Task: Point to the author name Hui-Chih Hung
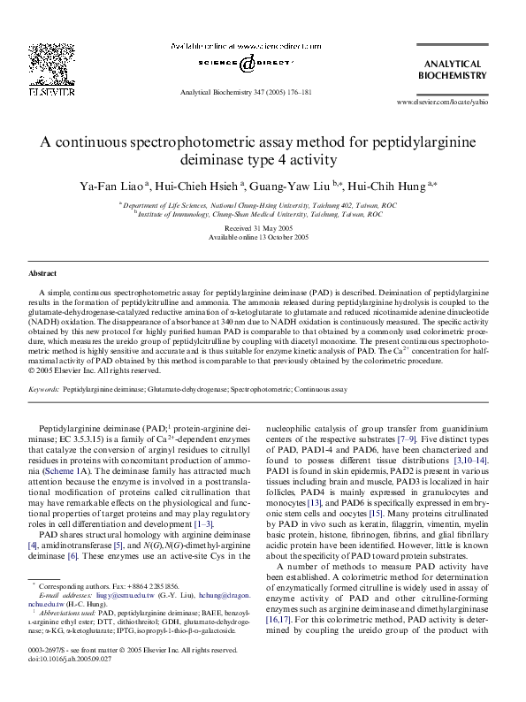(x=388, y=186)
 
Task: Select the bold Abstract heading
(x=43, y=274)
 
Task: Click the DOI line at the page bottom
(x=70, y=683)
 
